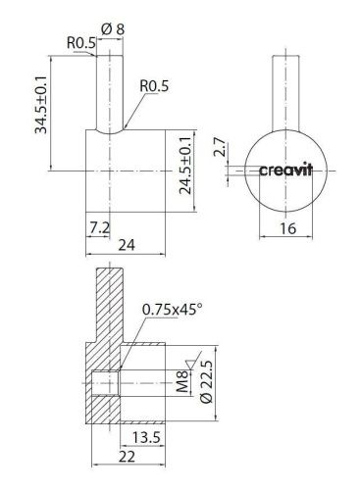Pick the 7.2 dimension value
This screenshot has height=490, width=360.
coord(98,226)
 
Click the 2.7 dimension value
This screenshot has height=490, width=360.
coord(220,149)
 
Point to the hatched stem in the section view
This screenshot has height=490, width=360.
coord(109,304)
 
